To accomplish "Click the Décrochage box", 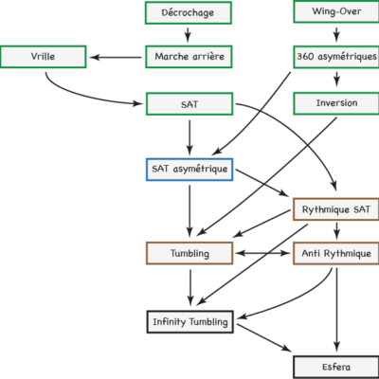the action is pyautogui.click(x=189, y=12).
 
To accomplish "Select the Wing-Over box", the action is pyautogui.click(x=336, y=11).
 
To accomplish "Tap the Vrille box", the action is pyautogui.click(x=43, y=57).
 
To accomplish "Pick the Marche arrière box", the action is pyautogui.click(x=189, y=57).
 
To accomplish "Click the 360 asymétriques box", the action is pyautogui.click(x=336, y=57).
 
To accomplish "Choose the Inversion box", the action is pyautogui.click(x=336, y=103).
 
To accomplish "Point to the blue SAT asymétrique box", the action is pyautogui.click(x=189, y=170).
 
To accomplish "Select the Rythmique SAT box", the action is pyautogui.click(x=335, y=209).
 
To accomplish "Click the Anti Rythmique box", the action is pyautogui.click(x=335, y=253).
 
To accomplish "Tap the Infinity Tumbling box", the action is pyautogui.click(x=189, y=322).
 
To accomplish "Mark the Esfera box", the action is pyautogui.click(x=336, y=367).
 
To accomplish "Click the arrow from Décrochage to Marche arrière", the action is pyautogui.click(x=188, y=35).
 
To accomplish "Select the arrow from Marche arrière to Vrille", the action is pyautogui.click(x=116, y=58).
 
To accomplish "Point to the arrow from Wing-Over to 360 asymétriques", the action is pyautogui.click(x=336, y=34).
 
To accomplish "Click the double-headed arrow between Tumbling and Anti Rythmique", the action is pyautogui.click(x=263, y=253).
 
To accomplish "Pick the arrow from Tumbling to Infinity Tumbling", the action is pyautogui.click(x=190, y=287).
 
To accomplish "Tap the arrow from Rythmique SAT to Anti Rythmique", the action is pyautogui.click(x=336, y=231).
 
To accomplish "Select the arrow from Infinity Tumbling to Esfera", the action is pyautogui.click(x=264, y=337).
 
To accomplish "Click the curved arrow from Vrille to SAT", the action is pyautogui.click(x=85, y=95).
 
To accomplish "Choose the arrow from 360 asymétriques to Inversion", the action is pyautogui.click(x=336, y=79).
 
